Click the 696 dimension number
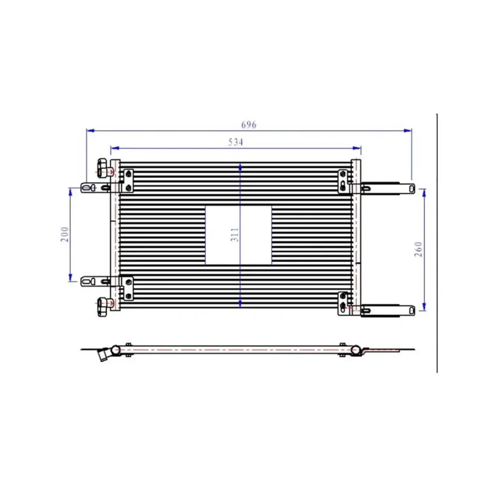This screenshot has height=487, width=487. point(248,125)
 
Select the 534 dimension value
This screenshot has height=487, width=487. point(235,142)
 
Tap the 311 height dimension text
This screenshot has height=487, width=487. point(235,235)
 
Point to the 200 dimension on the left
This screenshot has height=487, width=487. point(65,235)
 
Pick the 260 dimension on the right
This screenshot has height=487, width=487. point(418,249)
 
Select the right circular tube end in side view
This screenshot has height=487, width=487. point(356,350)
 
